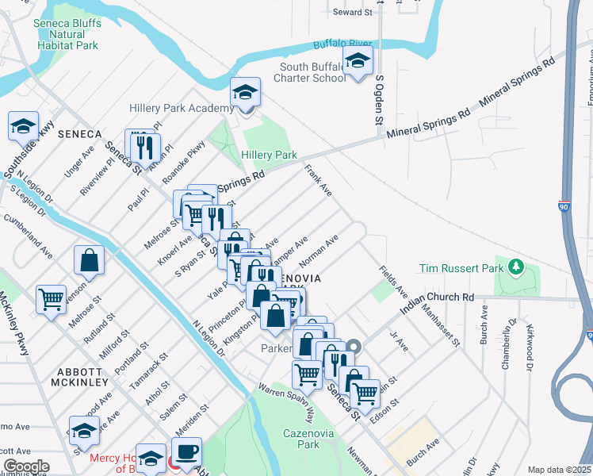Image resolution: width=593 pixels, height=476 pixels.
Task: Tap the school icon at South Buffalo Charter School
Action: [358, 60]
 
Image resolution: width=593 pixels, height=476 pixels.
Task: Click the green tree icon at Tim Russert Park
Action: [516, 264]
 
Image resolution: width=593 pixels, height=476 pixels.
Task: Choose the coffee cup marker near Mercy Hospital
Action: [186, 452]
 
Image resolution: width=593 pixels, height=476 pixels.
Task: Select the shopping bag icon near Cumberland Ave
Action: [89, 259]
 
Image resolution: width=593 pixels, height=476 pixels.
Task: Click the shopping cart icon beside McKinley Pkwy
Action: [51, 299]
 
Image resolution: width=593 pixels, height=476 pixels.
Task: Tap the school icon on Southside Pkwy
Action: [23, 125]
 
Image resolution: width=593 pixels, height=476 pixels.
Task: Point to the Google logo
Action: [26, 466]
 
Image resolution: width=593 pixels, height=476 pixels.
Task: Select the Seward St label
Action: [352, 13]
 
